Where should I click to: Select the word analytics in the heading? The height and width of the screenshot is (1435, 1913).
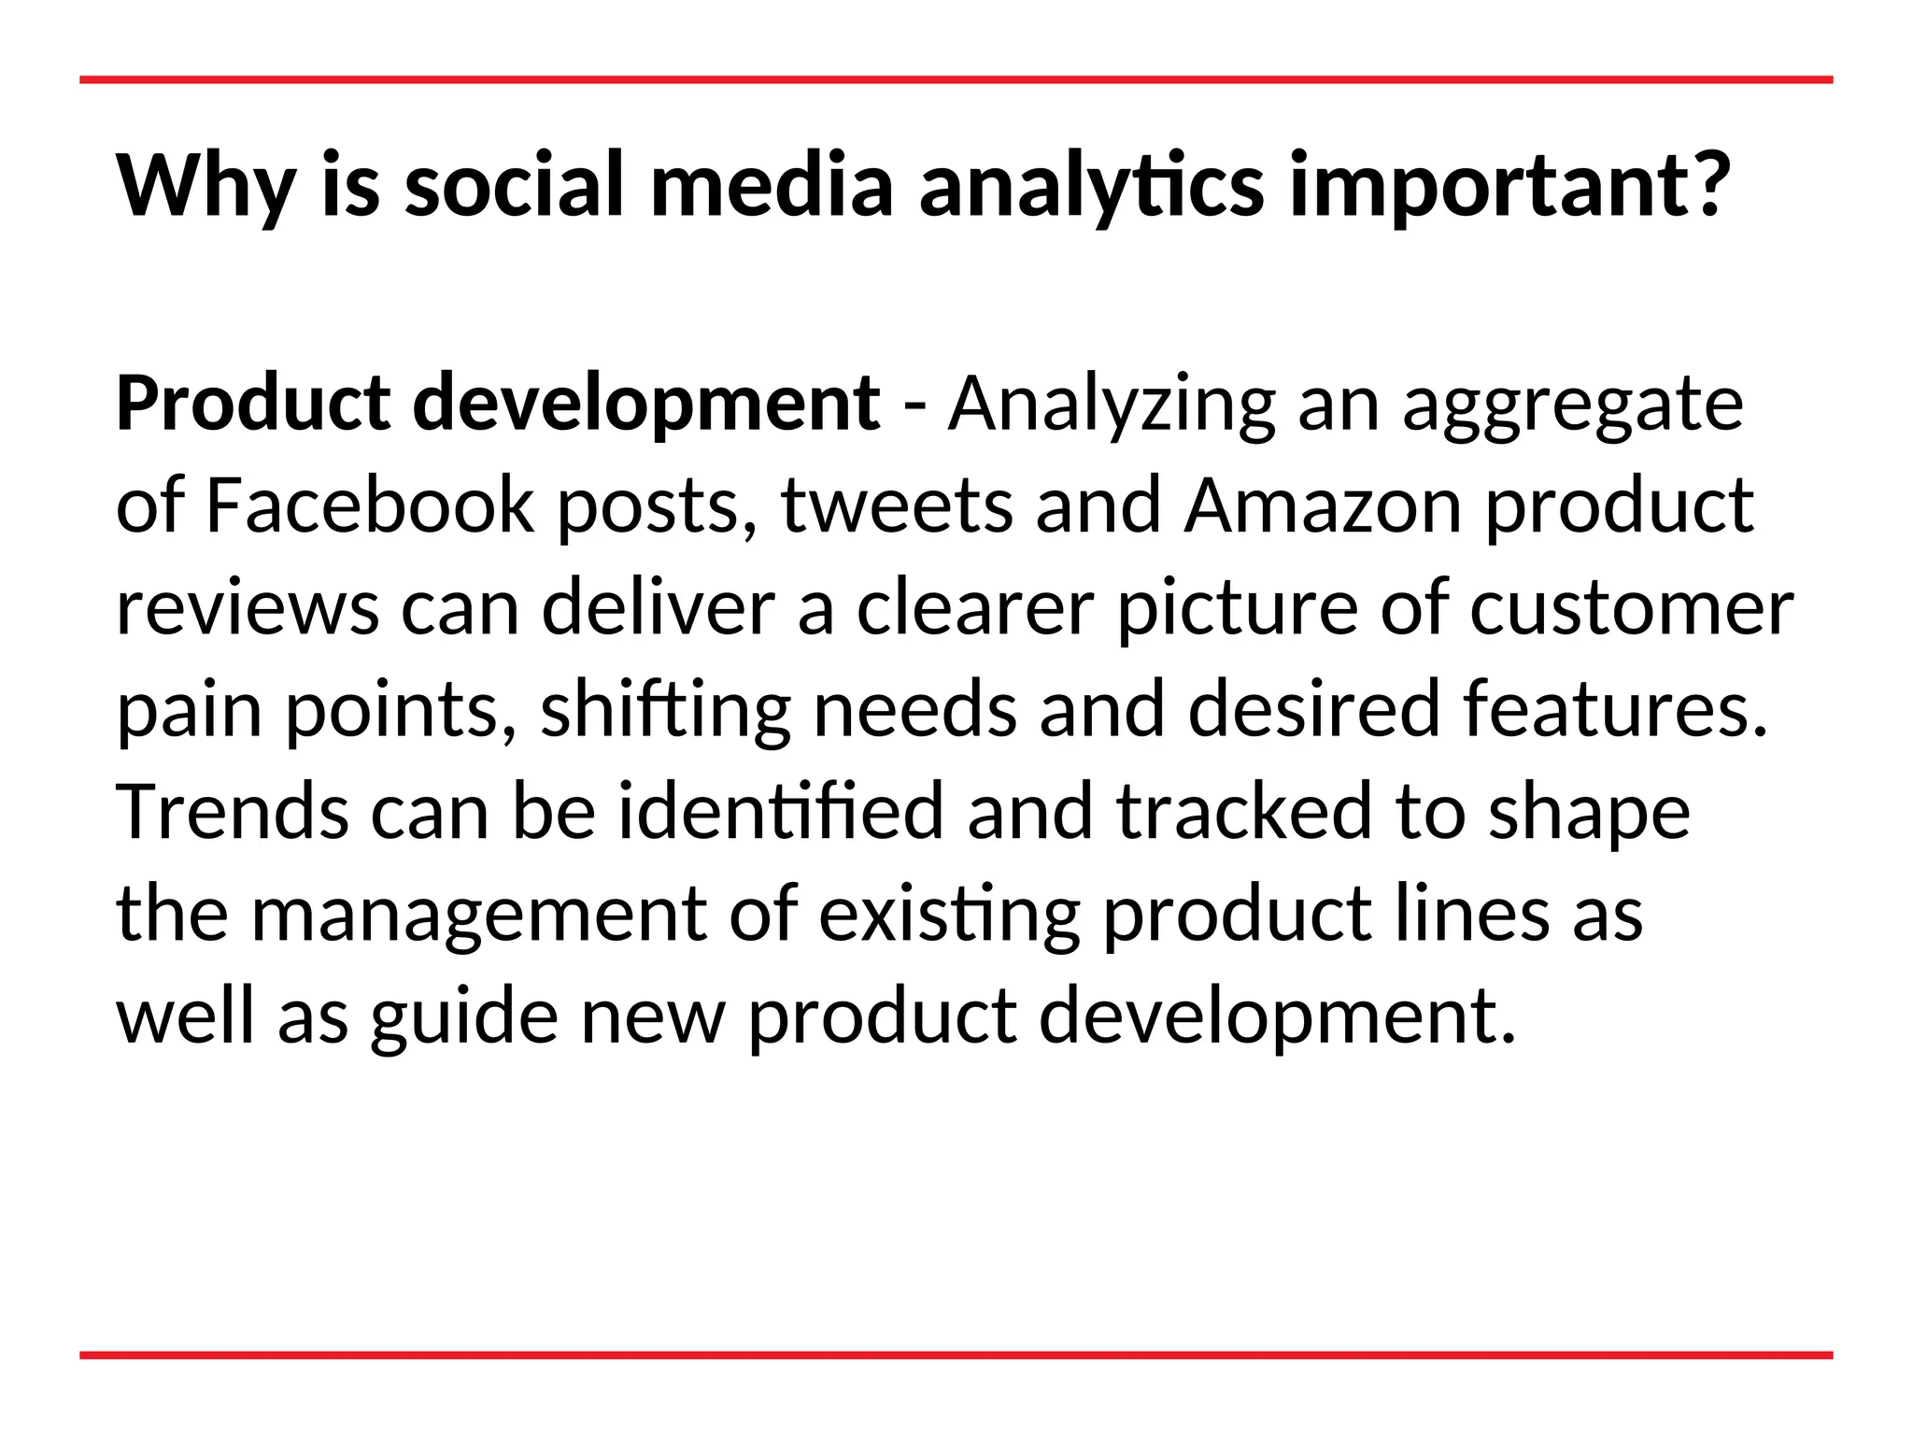1091,187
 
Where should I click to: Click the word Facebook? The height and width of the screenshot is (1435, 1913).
369,505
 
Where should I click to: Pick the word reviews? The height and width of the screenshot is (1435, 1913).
248,609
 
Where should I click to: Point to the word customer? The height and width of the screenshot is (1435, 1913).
1631,609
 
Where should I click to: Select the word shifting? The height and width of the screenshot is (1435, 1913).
665,710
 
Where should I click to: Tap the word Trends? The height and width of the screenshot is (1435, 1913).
233,812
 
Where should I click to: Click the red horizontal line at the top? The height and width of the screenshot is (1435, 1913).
956,80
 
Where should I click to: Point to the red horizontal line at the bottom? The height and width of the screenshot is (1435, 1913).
956,1355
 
